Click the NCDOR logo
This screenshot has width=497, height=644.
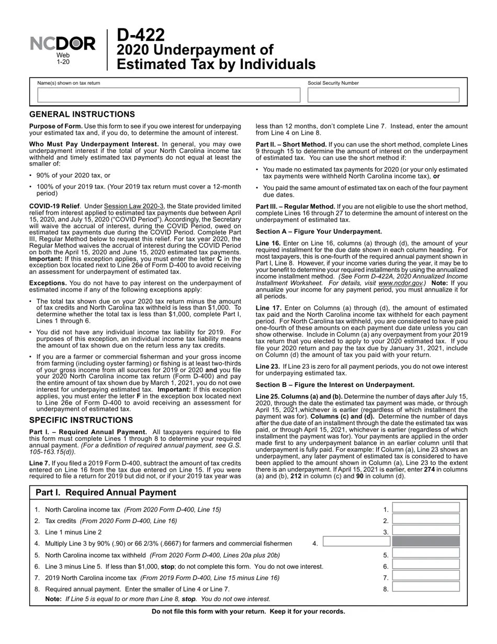(63, 45)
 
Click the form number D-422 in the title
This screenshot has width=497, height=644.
(140, 36)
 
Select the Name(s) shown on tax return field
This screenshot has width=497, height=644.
(168, 95)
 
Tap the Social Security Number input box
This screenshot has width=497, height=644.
(383, 95)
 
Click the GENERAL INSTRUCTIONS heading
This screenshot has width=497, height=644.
(82, 115)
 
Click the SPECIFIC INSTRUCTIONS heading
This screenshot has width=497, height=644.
(81, 420)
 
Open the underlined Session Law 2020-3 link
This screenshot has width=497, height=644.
(134, 206)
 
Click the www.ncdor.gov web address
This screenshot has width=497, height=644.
(400, 283)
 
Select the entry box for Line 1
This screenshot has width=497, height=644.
(426, 508)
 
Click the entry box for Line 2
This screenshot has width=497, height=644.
(426, 519)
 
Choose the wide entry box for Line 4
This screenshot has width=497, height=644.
(357, 542)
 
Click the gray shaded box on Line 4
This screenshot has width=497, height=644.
(426, 542)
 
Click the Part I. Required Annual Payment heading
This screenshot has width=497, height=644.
(106, 493)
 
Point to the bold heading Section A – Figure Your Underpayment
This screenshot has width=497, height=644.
(319, 231)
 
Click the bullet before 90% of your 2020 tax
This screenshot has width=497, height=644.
(31, 176)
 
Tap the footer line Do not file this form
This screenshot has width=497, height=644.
(248, 612)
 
